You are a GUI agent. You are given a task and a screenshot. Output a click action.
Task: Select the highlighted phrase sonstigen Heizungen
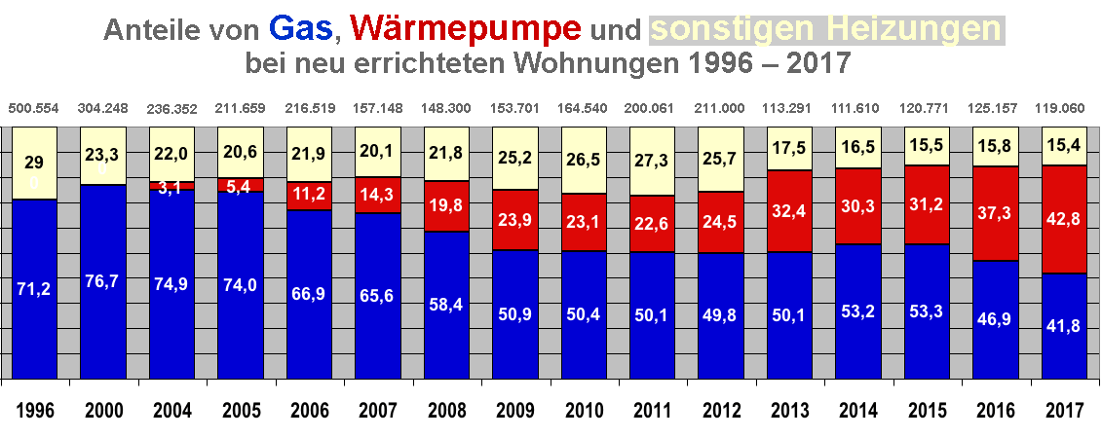826,29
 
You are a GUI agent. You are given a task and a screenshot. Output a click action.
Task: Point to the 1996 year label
34,410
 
